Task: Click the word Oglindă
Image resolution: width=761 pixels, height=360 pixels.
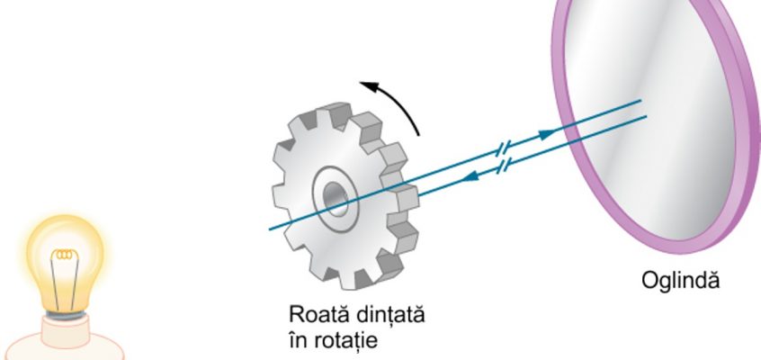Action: pos(680,280)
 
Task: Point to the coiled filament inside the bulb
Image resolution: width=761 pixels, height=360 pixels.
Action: pos(65,254)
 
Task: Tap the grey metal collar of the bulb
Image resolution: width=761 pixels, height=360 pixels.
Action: pos(66,315)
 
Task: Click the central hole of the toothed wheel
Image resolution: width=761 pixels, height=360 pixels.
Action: pos(336,199)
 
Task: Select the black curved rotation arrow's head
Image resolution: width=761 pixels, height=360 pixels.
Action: pos(371,87)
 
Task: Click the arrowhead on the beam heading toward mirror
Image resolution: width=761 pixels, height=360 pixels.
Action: pos(548,134)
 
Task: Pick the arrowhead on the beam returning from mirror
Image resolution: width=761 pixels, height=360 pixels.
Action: pos(470,176)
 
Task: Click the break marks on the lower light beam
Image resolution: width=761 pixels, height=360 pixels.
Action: pos(505,166)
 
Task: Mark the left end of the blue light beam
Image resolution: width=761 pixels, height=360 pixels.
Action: pos(270,229)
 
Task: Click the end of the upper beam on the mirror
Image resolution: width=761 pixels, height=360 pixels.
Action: pos(640,101)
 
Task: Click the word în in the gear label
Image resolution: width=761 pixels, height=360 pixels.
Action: pos(295,339)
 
